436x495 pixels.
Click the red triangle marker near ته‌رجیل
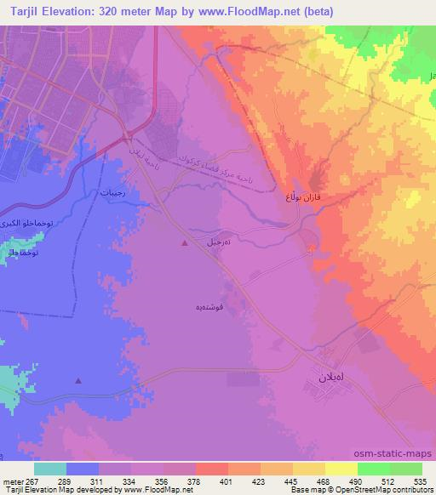(x=186, y=243)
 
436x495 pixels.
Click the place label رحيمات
(x=112, y=191)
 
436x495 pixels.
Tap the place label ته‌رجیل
(x=220, y=242)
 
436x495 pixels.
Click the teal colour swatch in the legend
(x=50, y=469)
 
